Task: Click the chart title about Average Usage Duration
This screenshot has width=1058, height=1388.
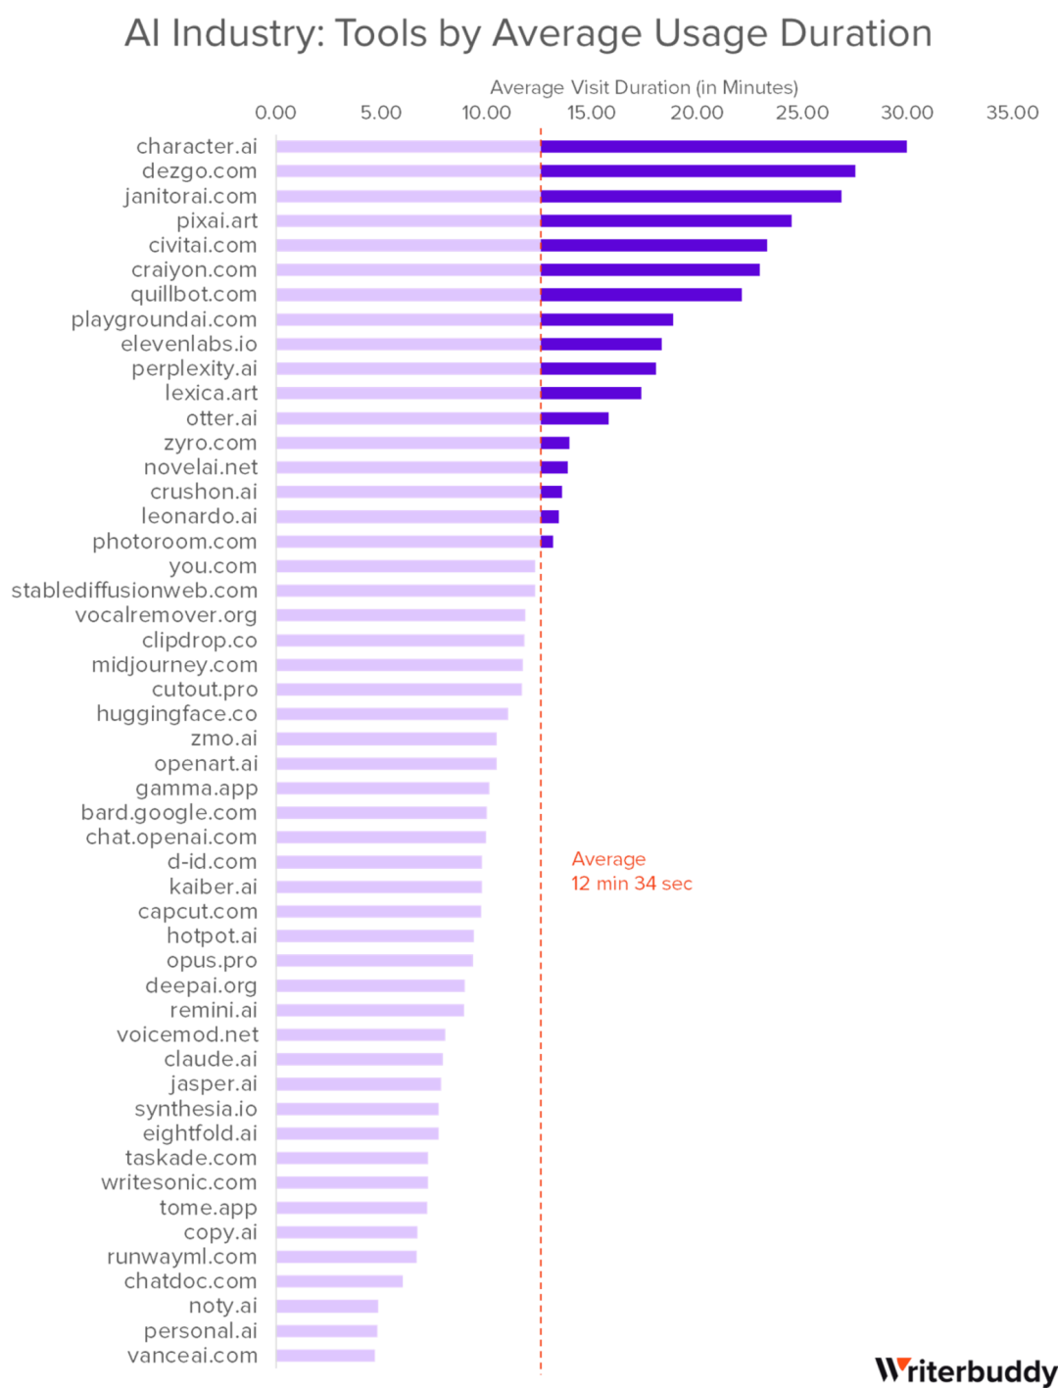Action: coord(527,35)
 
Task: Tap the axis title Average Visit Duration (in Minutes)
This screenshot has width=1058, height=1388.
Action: coord(644,88)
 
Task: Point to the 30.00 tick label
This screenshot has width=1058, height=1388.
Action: coord(906,113)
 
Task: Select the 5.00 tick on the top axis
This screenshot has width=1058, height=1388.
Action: coord(380,113)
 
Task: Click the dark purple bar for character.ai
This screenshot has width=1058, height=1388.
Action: coord(724,147)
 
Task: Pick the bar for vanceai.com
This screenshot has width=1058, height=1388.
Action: coord(326,1356)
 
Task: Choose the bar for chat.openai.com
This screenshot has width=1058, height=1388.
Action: coord(381,838)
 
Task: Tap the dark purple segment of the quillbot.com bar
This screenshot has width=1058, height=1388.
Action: coord(642,295)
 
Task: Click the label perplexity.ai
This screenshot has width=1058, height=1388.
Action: coord(195,369)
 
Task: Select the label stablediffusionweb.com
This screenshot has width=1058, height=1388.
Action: coord(134,591)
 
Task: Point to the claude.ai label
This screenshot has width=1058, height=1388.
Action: coord(211,1059)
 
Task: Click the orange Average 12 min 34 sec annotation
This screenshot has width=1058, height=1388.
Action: coord(632,872)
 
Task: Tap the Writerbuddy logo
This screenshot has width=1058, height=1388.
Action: coord(965,1369)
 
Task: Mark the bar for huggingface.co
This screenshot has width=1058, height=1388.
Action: coord(392,714)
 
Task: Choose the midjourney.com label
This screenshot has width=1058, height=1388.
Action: coord(174,665)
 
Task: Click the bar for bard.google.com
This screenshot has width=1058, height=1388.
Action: coord(382,813)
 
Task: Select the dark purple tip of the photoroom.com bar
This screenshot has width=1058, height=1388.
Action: coord(548,541)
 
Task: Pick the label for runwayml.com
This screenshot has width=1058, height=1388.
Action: coord(182,1257)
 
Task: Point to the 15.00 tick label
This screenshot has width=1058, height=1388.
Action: coord(591,113)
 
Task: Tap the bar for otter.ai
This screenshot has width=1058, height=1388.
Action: coord(574,418)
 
